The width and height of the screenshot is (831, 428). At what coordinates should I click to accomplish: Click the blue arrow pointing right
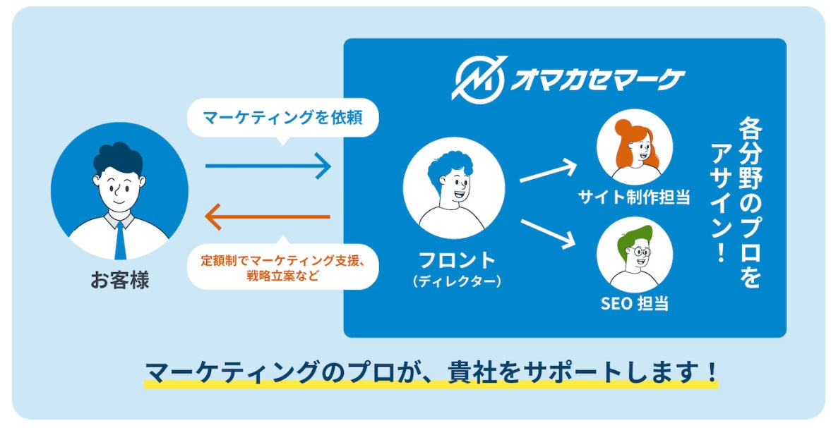coord(268,166)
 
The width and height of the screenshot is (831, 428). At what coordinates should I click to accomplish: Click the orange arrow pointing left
coord(268,216)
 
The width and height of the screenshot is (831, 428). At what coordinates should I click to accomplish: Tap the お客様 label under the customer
coord(119,280)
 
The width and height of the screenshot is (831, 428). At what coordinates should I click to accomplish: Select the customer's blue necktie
coord(119,240)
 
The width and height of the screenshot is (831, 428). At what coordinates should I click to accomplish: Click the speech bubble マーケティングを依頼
coord(282,117)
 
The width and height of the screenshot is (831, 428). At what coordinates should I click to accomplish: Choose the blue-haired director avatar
coord(453,187)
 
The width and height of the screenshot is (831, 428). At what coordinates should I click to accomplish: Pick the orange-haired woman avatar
coord(634,148)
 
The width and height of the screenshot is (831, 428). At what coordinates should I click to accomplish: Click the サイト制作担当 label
coord(634,197)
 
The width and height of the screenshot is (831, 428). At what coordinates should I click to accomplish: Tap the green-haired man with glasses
coord(634,254)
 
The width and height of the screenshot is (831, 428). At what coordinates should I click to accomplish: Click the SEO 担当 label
coord(634,304)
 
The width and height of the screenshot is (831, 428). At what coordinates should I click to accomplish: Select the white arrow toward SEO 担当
coord(549,233)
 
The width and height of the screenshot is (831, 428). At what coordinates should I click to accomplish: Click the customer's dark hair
coord(116,157)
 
